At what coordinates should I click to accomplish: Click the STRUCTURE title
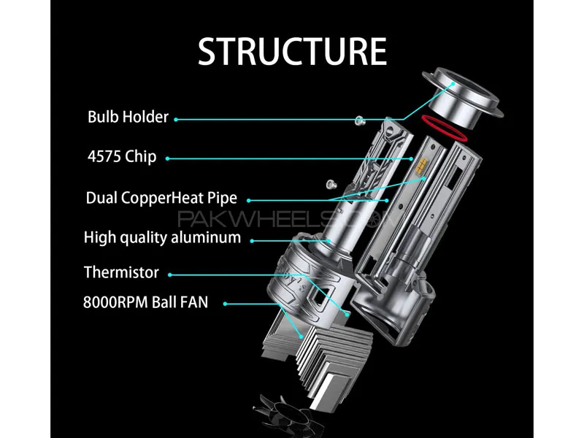pyautogui.click(x=292, y=51)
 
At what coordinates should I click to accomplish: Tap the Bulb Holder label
pyautogui.click(x=128, y=117)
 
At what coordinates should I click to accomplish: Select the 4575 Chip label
pyautogui.click(x=122, y=156)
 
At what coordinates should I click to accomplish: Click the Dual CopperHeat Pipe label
pyautogui.click(x=161, y=198)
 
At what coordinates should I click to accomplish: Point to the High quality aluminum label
pyautogui.click(x=162, y=238)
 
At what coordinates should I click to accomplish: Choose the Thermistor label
pyautogui.click(x=121, y=272)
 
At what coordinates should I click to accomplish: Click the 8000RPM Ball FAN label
pyautogui.click(x=145, y=302)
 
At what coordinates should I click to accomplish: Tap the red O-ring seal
pyautogui.click(x=444, y=128)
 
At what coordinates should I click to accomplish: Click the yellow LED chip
pyautogui.click(x=422, y=166)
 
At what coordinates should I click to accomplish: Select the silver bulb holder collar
pyautogui.click(x=463, y=98)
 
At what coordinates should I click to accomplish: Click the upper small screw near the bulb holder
pyautogui.click(x=359, y=120)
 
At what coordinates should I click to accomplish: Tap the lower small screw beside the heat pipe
pyautogui.click(x=331, y=184)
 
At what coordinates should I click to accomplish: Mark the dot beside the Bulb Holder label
pyautogui.click(x=176, y=120)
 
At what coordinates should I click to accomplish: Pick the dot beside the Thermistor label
pyautogui.click(x=170, y=275)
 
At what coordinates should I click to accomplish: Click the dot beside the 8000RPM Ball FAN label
pyautogui.click(x=225, y=304)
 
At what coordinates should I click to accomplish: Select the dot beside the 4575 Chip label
pyautogui.click(x=167, y=158)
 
